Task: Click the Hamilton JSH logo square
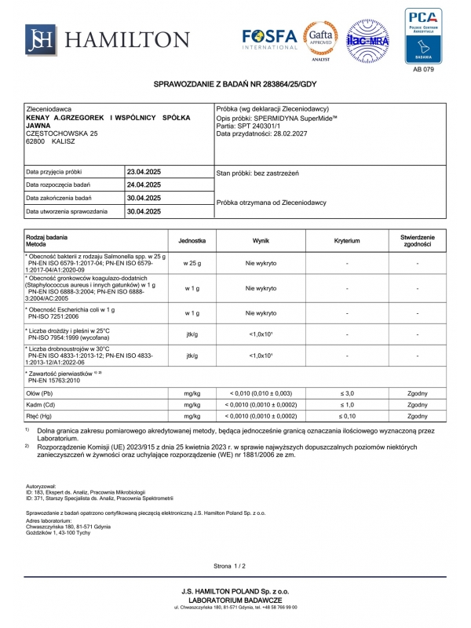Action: tap(40, 39)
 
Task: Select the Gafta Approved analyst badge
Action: tap(321, 39)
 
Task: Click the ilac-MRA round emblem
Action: tap(369, 40)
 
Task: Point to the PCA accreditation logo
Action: tap(422, 35)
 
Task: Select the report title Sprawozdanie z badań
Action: tap(235, 83)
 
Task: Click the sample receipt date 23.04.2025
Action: tap(144, 171)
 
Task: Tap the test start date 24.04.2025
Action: tap(144, 184)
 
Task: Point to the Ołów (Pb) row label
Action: tap(39, 392)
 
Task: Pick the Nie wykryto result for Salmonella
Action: tap(261, 263)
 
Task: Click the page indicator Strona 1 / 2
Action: tap(229, 565)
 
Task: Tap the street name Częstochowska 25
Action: tap(62, 133)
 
